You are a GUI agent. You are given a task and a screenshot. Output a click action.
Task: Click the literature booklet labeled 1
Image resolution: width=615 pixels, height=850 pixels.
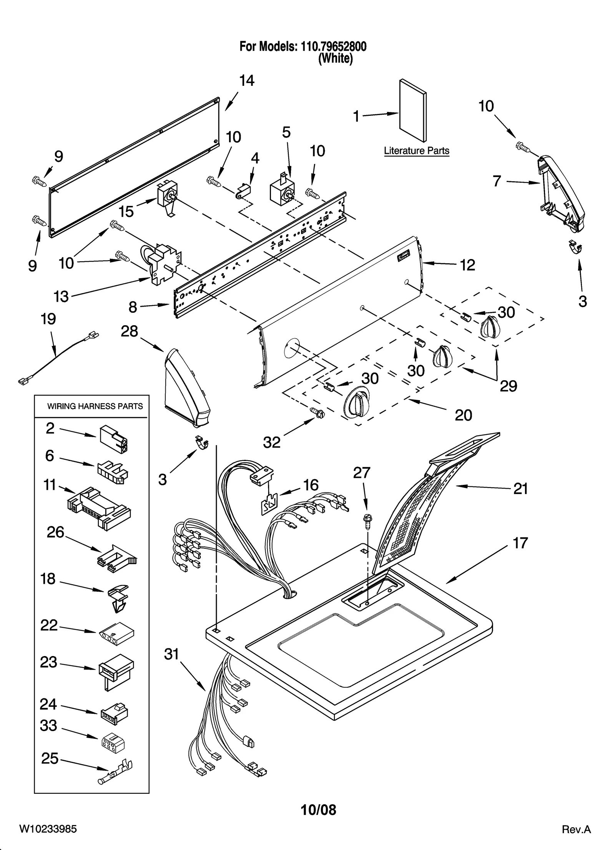click(x=412, y=111)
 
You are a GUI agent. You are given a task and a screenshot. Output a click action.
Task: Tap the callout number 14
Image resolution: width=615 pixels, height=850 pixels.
click(x=247, y=81)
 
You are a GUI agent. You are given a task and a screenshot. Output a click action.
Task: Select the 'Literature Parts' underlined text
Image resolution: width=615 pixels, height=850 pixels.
click(x=416, y=151)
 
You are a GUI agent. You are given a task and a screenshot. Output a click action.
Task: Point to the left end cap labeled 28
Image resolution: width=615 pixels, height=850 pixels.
click(x=186, y=389)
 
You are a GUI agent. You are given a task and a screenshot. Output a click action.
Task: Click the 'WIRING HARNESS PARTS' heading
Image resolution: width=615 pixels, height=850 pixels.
click(x=95, y=406)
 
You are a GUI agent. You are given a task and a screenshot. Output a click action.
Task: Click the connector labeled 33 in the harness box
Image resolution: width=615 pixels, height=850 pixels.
click(x=113, y=745)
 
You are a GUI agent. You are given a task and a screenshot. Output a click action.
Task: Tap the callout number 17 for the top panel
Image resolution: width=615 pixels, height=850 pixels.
click(x=520, y=543)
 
